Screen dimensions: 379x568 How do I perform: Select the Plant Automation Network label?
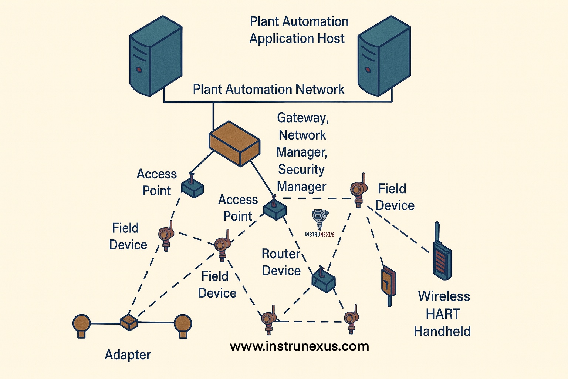(268, 90)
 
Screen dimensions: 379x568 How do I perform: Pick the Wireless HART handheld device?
(442, 255)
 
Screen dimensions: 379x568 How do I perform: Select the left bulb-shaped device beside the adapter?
(81, 325)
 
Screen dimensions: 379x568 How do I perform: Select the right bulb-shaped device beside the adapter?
(183, 325)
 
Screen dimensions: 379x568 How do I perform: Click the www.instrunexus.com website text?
(299, 346)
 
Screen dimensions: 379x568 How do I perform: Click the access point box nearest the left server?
(192, 188)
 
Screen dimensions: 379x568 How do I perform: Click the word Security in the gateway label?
(301, 170)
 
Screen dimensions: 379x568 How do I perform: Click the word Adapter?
(128, 355)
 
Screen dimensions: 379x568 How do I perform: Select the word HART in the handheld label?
(443, 314)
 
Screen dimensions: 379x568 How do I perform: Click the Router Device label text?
(281, 262)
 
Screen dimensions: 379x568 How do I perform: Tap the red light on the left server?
(138, 69)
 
